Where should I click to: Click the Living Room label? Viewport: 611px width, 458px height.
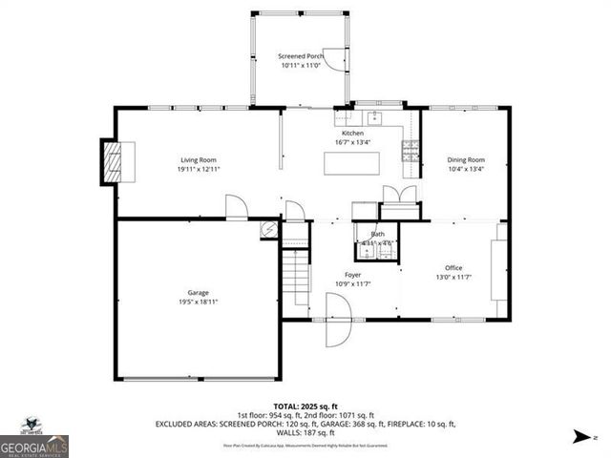click(199, 159)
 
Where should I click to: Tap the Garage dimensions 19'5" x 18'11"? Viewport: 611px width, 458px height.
click(198, 302)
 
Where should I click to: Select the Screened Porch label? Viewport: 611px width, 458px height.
click(301, 56)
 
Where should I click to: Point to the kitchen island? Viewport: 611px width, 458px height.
click(348, 163)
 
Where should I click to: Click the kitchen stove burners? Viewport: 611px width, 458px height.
click(411, 148)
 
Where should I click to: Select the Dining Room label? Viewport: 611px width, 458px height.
click(466, 159)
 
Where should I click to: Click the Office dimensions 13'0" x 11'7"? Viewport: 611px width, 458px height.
click(453, 277)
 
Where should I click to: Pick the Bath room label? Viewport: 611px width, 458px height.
click(378, 234)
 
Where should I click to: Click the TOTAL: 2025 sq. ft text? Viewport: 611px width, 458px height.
click(305, 406)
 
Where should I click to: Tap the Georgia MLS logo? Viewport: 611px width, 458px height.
click(34, 439)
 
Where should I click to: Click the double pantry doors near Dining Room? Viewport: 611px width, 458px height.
click(399, 195)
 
